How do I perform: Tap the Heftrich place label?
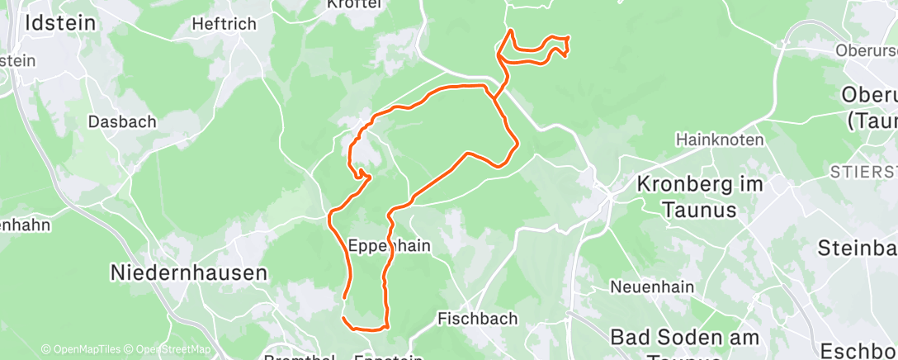pyautogui.click(x=224, y=24)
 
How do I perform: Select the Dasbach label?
pyautogui.click(x=122, y=121)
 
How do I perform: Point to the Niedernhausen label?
pyautogui.click(x=190, y=272)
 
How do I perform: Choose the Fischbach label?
pyautogui.click(x=477, y=318)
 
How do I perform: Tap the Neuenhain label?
pyautogui.click(x=652, y=287)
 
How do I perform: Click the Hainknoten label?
pyautogui.click(x=719, y=140)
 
